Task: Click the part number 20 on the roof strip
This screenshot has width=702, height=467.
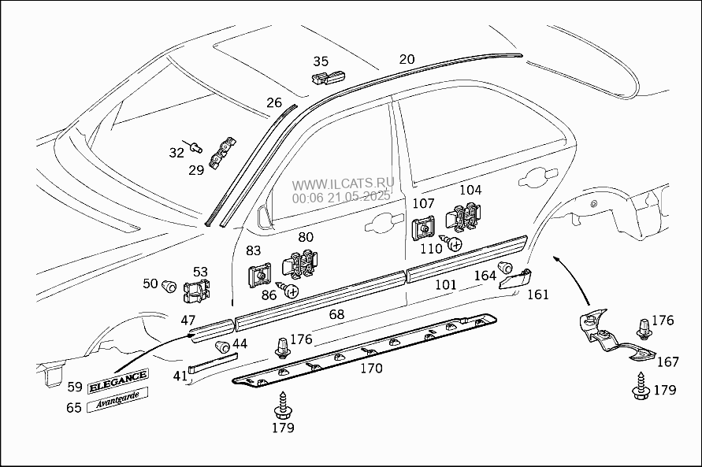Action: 407,59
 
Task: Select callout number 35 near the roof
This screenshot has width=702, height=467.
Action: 321,61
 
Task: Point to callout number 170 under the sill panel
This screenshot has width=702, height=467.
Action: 371,368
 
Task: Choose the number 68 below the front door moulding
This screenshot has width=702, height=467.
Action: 336,314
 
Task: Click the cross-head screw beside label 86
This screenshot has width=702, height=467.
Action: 292,291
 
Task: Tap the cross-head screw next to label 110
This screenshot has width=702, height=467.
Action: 454,244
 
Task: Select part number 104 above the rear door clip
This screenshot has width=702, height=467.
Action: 470,190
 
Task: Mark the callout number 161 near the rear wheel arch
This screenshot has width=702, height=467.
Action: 538,295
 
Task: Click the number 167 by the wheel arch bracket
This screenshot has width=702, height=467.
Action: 667,362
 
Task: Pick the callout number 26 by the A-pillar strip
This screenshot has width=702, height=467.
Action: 273,102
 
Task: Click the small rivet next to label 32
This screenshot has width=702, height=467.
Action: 197,146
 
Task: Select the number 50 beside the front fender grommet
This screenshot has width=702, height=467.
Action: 150,284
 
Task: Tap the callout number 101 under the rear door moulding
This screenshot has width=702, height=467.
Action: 445,284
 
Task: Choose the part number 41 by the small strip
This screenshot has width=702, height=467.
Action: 180,376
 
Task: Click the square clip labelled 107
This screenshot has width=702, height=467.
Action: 423,228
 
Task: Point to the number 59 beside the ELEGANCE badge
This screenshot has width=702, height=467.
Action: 74,386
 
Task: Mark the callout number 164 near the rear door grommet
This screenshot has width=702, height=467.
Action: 485,276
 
